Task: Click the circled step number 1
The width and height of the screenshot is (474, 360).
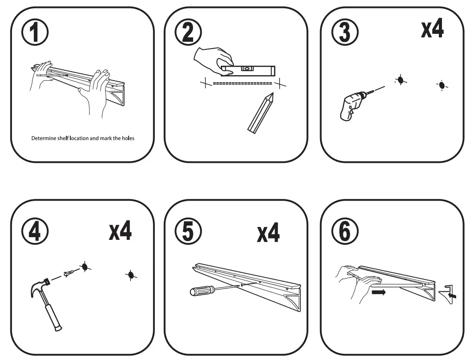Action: click(x=35, y=33)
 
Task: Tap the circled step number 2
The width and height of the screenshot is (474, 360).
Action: click(x=188, y=33)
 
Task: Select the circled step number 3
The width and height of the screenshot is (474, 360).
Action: click(x=344, y=33)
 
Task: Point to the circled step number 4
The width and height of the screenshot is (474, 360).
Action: click(x=35, y=231)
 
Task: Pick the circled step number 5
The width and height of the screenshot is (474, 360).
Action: click(x=188, y=231)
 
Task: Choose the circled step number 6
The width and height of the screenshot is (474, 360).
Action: click(x=344, y=231)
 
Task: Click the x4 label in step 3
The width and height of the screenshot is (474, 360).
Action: click(x=432, y=29)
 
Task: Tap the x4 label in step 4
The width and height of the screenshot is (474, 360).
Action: click(x=120, y=231)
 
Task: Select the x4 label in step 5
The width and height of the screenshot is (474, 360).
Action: click(x=268, y=233)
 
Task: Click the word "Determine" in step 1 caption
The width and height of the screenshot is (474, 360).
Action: click(x=43, y=138)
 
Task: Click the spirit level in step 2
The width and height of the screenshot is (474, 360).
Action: click(x=248, y=70)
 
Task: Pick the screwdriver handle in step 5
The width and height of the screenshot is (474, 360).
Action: click(x=200, y=291)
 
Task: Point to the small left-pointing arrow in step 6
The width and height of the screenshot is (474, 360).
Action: click(x=453, y=295)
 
